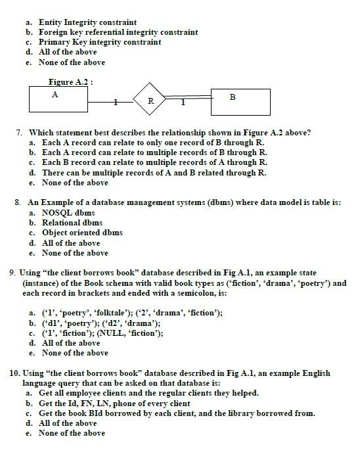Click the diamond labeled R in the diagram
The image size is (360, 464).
click(x=150, y=101)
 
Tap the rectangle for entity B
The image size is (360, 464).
click(x=240, y=101)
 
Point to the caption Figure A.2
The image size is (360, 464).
click(x=70, y=82)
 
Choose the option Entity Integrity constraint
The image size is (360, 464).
click(x=87, y=22)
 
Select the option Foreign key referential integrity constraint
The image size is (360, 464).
click(x=118, y=32)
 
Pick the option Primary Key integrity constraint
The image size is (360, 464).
click(x=99, y=42)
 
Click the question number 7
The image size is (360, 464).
click(x=20, y=132)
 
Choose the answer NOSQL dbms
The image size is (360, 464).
click(x=68, y=213)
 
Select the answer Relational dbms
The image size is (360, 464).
click(x=72, y=223)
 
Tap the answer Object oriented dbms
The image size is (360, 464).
click(x=82, y=233)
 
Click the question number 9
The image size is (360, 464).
click(x=12, y=272)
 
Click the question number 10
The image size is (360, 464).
click(x=14, y=373)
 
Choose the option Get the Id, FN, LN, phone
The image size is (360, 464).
click(x=114, y=403)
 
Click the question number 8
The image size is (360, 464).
click(x=18, y=202)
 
